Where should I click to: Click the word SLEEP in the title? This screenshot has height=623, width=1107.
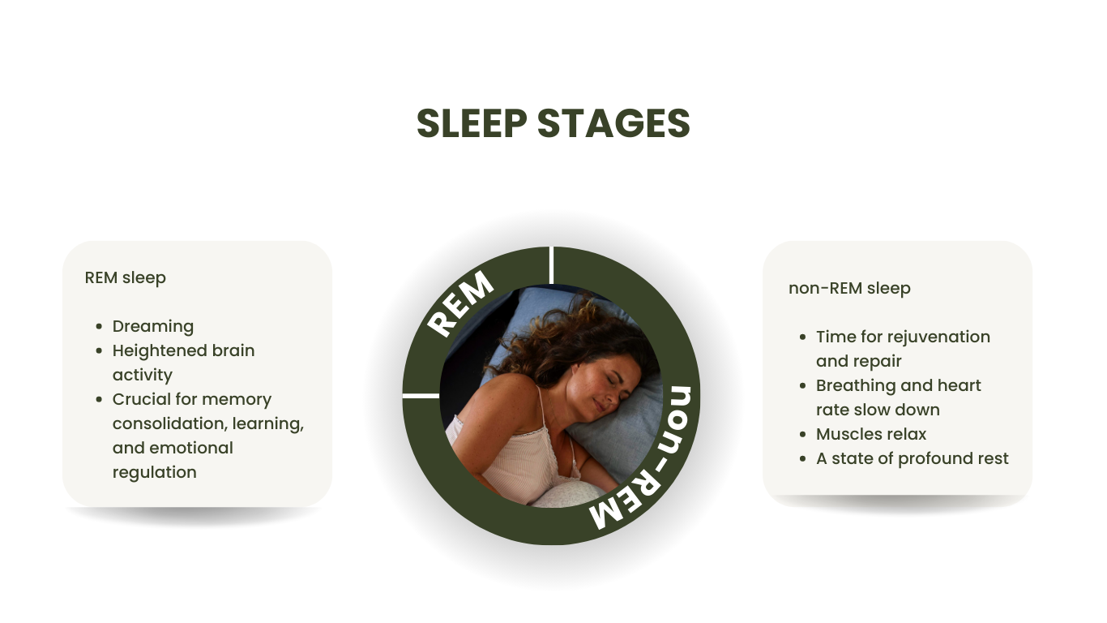pos(472,124)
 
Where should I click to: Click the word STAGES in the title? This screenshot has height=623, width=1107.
pos(613,124)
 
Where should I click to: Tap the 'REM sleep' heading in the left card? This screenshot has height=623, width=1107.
pos(125,277)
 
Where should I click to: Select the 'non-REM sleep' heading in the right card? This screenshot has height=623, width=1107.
pos(849,288)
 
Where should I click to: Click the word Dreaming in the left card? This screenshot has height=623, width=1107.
pos(153,326)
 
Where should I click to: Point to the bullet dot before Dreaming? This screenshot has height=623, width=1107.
pos(99,327)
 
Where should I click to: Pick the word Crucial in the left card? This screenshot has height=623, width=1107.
pos(142,399)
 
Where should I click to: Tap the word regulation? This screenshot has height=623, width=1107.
pos(154,472)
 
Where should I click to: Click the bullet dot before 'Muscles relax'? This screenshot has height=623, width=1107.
pos(802,435)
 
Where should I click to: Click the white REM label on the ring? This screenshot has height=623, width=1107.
pos(460,304)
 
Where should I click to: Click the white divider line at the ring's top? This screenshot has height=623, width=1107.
pos(551,265)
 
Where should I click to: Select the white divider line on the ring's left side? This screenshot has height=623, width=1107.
pos(421,396)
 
